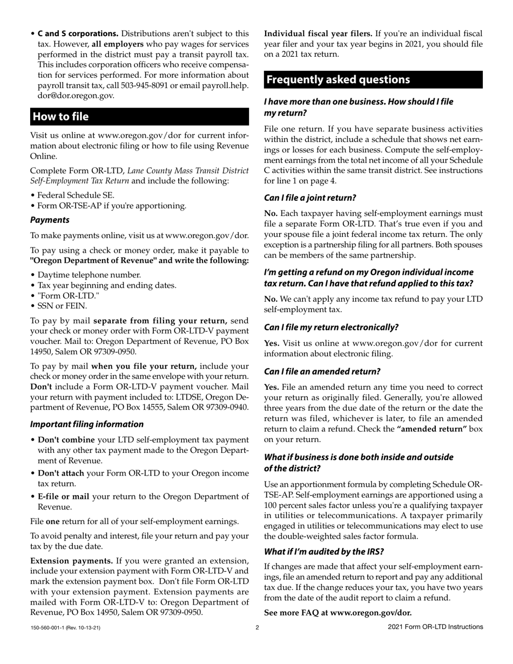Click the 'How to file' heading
tap(60, 117)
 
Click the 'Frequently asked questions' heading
tap(338, 80)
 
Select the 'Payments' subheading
tap(50, 220)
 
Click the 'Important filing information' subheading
tap(87, 424)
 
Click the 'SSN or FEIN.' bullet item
tap(59, 306)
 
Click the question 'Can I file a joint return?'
tap(310, 198)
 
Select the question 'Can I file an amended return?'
tap(322, 371)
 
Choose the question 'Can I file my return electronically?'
tap(331, 327)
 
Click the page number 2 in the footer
tap(257, 627)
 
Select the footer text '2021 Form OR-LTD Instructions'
tap(435, 627)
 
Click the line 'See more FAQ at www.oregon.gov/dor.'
tap(337, 613)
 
